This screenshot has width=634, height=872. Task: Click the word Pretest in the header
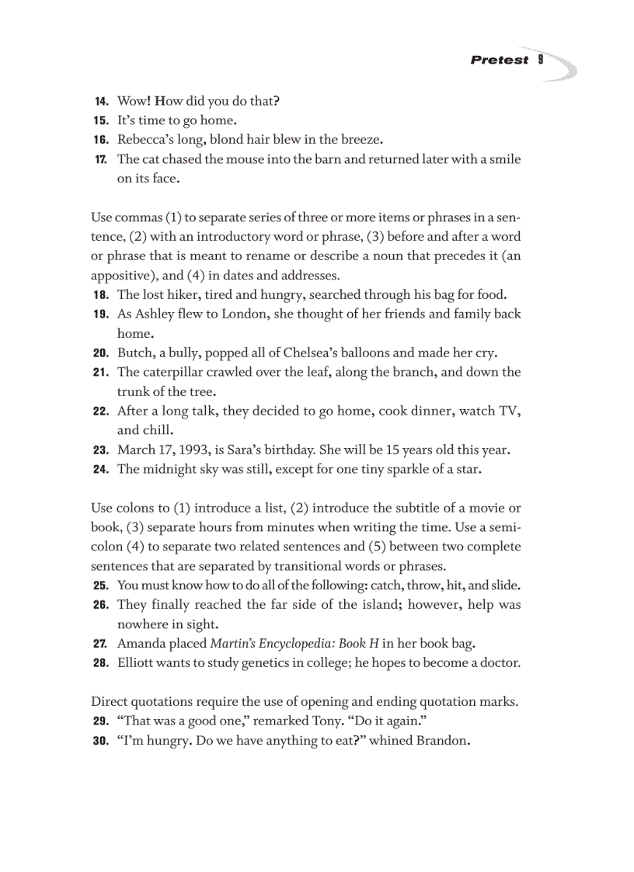tap(499, 60)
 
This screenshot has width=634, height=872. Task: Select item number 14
tap(101, 101)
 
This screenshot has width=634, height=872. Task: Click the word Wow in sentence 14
tap(133, 101)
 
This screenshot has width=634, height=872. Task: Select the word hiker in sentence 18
tap(183, 294)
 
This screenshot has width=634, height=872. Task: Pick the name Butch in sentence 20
tap(134, 353)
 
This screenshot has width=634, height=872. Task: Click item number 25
tap(101, 585)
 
